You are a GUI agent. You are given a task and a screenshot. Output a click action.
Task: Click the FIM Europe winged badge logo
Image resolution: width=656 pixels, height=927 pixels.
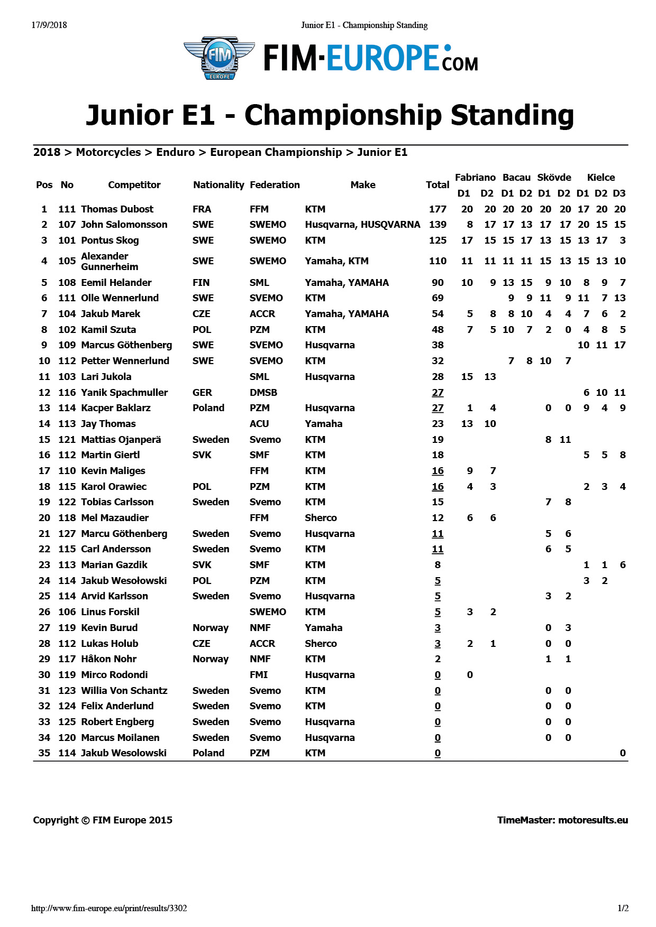pyautogui.click(x=219, y=58)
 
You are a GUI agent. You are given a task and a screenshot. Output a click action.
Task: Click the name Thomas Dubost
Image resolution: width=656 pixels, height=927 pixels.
pyautogui.click(x=117, y=209)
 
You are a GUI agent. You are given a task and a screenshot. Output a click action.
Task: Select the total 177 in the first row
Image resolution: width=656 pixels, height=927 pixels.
pyautogui.click(x=438, y=209)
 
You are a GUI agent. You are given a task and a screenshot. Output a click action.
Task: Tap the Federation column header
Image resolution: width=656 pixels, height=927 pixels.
pyautogui.click(x=275, y=185)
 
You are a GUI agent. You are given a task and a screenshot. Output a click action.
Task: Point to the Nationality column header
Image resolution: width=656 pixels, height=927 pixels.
pyautogui.click(x=218, y=185)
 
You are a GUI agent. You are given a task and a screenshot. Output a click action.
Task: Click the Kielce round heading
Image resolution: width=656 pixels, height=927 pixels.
pyautogui.click(x=601, y=178)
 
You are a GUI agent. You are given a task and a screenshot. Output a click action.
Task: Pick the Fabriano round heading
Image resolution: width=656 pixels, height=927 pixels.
pyautogui.click(x=475, y=178)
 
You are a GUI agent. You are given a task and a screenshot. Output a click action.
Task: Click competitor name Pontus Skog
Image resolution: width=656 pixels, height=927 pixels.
pyautogui.click(x=110, y=240)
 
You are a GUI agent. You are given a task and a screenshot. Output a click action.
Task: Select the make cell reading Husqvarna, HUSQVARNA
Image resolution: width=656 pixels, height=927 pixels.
pyautogui.click(x=362, y=225)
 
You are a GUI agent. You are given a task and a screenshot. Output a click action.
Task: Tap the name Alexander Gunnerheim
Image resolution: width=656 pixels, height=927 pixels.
pyautogui.click(x=109, y=261)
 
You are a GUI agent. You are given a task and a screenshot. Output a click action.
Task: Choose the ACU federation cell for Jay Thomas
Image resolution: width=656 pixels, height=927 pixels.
pyautogui.click(x=259, y=424)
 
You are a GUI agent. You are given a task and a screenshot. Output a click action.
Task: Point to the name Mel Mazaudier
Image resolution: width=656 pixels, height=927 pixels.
pyautogui.click(x=115, y=518)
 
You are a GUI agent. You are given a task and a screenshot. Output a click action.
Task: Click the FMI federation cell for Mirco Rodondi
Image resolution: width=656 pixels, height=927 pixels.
pyautogui.click(x=259, y=675)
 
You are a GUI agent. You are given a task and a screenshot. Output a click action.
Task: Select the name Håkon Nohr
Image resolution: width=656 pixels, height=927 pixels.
pyautogui.click(x=108, y=659)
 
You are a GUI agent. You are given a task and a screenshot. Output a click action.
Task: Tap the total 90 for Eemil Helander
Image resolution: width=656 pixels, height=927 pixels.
pyautogui.click(x=438, y=283)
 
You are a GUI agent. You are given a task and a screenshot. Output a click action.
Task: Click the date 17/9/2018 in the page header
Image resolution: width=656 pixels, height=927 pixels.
pyautogui.click(x=49, y=25)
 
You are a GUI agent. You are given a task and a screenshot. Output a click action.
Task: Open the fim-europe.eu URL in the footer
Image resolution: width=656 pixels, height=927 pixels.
pyautogui.click(x=109, y=909)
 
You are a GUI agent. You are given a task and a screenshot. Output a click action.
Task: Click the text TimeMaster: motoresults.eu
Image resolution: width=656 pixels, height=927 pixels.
pyautogui.click(x=562, y=820)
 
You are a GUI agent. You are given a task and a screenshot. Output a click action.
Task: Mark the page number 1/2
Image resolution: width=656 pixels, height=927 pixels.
pyautogui.click(x=623, y=909)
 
